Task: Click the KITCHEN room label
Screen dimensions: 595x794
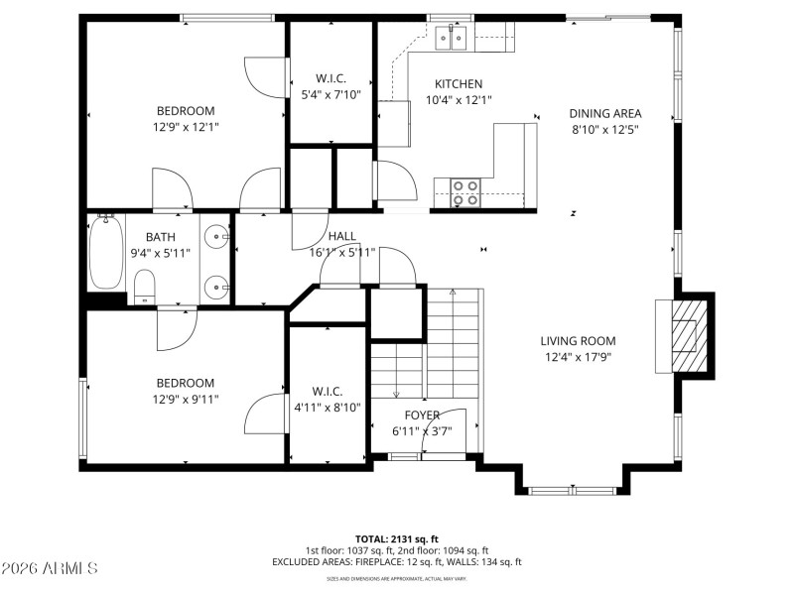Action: [459, 84]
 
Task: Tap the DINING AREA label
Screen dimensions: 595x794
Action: [604, 113]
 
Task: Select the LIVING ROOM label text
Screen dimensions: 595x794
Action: [579, 340]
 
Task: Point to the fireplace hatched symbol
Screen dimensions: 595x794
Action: [685, 335]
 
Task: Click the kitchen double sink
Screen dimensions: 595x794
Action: [453, 38]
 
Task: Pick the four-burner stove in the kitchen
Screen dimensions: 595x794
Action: [464, 191]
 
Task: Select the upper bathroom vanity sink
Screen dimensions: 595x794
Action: [217, 239]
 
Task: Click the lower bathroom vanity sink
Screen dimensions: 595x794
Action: [217, 287]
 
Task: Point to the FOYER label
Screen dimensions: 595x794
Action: [422, 415]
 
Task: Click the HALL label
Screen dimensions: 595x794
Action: [342, 237]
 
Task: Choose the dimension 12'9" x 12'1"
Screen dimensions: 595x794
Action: [186, 127]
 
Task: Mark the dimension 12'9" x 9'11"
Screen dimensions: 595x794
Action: [186, 399]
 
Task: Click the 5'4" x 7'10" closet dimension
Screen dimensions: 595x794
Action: [331, 94]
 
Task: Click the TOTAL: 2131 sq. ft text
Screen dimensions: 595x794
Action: [396, 538]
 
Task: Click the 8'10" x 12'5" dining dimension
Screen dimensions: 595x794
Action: [604, 129]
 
